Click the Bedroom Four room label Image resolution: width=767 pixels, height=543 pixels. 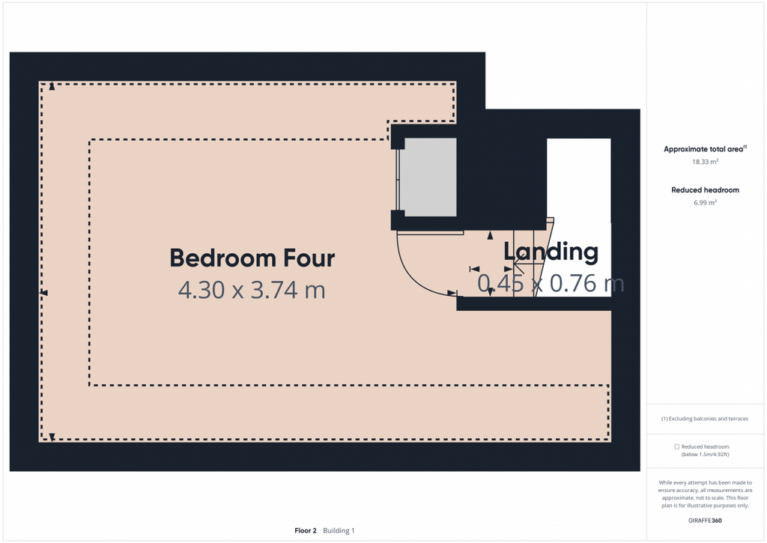(252, 258)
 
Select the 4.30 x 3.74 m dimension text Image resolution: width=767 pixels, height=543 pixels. (252, 290)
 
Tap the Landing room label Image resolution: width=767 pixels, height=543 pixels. (551, 252)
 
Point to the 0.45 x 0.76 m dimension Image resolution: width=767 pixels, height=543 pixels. (551, 283)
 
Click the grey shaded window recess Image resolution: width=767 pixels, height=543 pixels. (429, 177)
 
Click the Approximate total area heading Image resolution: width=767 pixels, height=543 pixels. (705, 149)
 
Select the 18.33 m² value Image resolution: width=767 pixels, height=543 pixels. (705, 162)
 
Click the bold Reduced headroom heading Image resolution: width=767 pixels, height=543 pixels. (705, 189)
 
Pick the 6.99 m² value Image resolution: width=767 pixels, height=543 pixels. (705, 202)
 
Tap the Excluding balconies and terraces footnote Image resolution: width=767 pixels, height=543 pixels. (705, 419)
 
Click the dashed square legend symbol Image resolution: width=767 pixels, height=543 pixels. (677, 446)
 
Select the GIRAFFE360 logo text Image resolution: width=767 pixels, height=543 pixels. (705, 521)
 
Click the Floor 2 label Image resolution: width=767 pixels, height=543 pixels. (306, 530)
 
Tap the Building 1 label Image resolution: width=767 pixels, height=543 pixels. (339, 530)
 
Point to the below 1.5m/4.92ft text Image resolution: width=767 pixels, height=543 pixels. (705, 455)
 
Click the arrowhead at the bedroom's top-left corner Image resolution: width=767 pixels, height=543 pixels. (52, 87)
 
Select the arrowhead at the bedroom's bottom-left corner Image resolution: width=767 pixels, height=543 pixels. (52, 437)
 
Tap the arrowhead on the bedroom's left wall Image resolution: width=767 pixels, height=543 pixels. (43, 293)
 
